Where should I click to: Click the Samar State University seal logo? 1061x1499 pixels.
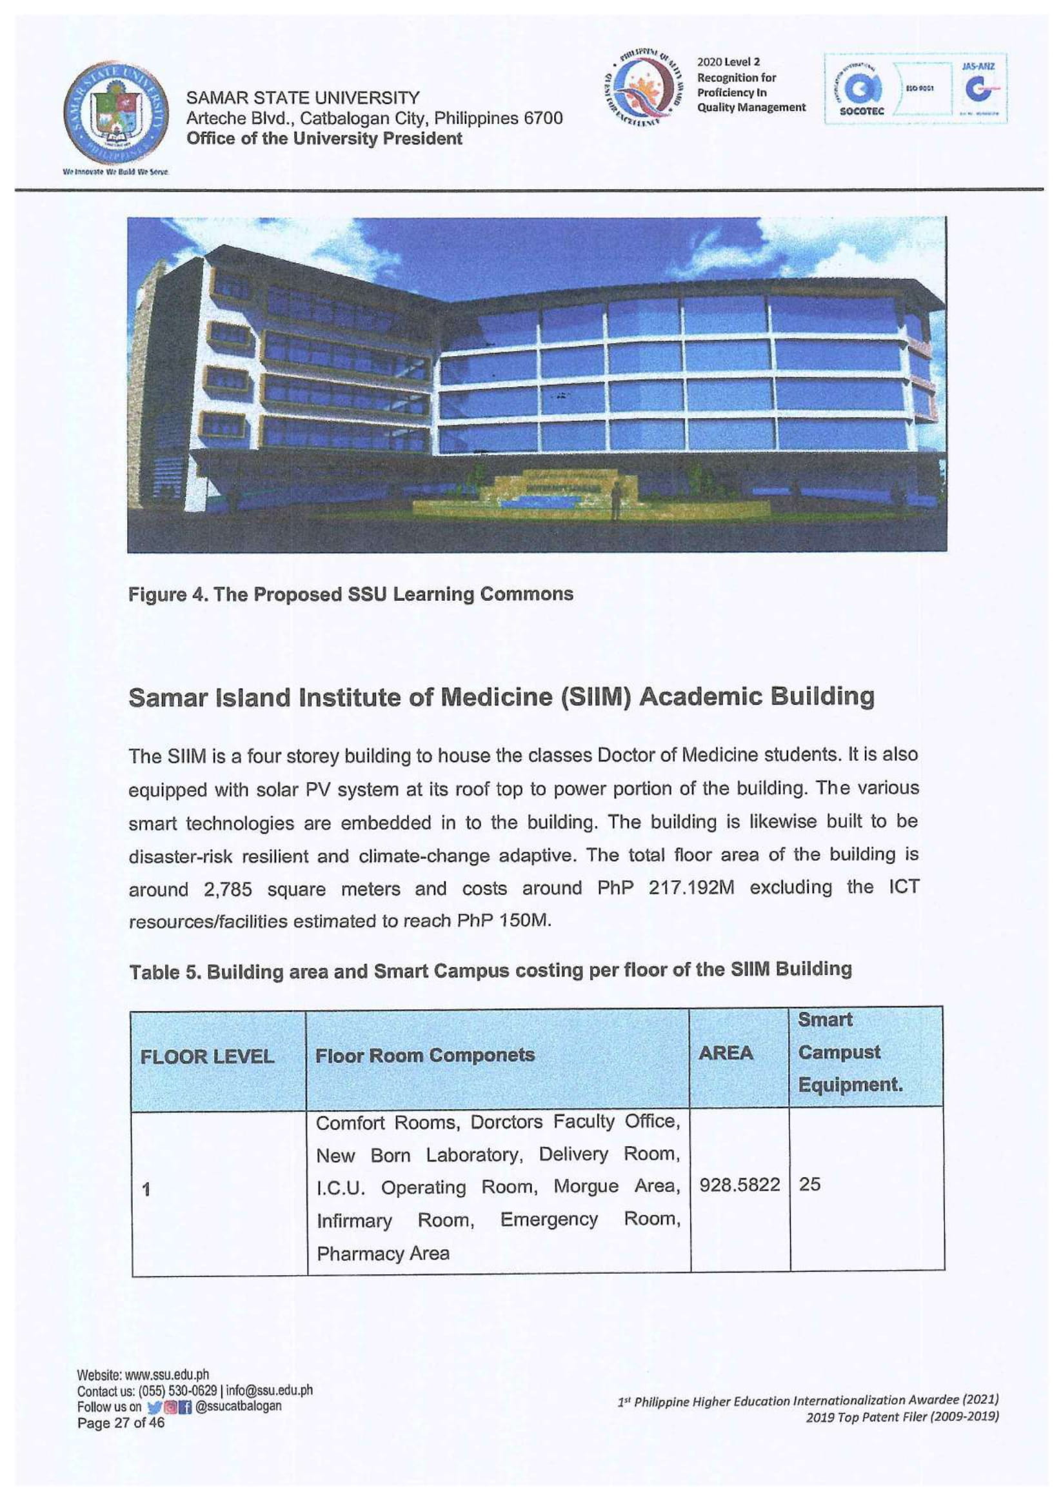click(117, 117)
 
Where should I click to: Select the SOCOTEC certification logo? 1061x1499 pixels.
click(862, 90)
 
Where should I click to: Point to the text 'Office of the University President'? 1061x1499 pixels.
click(324, 139)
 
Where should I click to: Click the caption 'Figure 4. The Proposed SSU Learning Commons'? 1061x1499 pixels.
click(350, 594)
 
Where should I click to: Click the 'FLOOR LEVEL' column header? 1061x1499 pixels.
click(206, 1057)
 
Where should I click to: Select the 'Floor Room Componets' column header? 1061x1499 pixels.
click(424, 1055)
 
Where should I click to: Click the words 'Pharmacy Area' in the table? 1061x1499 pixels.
click(383, 1254)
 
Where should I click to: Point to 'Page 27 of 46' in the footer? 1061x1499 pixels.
click(121, 1423)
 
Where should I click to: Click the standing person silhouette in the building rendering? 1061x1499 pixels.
click(615, 499)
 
